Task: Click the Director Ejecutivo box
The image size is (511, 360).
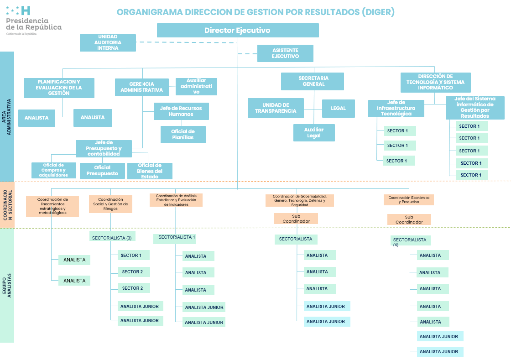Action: [x=238, y=31]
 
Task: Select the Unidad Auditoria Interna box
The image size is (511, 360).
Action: [x=108, y=43]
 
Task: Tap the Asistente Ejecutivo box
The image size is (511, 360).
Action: [x=285, y=53]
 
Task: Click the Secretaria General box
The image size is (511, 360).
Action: [x=312, y=81]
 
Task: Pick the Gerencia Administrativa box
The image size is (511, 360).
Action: [x=142, y=87]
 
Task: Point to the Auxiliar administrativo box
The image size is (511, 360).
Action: [x=196, y=86]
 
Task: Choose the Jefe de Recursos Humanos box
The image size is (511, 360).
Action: [x=181, y=111]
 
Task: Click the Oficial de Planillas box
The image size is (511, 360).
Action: [x=183, y=135]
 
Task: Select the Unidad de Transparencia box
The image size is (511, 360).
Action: [x=276, y=108]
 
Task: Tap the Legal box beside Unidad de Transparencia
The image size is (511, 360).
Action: [x=338, y=108]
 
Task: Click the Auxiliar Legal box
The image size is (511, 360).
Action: [x=314, y=133]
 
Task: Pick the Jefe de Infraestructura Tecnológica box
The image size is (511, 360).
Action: [x=396, y=109]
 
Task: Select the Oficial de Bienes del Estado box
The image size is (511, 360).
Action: [x=150, y=171]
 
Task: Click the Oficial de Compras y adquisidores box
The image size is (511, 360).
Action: [x=54, y=170]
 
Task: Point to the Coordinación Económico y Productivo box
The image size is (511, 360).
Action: [x=409, y=200]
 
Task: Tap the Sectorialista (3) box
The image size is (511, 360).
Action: [x=112, y=237]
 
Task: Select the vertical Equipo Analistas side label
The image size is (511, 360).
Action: [x=7, y=286]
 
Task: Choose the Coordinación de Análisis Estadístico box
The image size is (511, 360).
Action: [x=176, y=200]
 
